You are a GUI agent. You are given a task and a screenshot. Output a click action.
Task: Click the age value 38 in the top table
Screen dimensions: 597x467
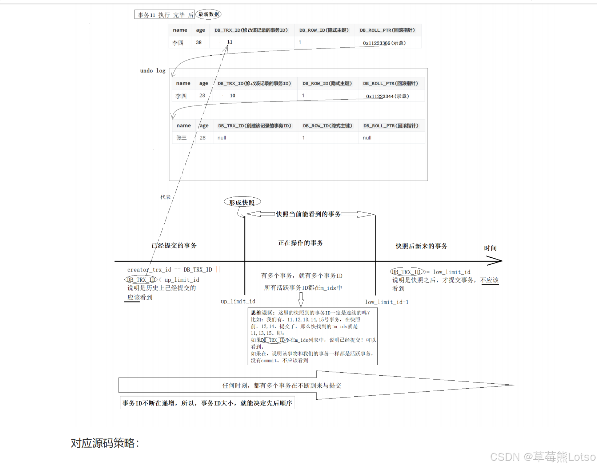[199, 42]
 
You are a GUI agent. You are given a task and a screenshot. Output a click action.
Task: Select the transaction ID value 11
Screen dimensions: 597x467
[229, 42]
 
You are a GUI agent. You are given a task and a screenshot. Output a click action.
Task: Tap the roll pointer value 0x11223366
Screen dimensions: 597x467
[384, 43]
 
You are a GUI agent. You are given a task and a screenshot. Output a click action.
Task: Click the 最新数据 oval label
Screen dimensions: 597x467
[208, 14]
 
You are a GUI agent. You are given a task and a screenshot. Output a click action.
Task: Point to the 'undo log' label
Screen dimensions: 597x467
[153, 71]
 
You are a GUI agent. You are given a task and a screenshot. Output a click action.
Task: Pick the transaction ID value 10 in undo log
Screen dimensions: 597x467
[232, 95]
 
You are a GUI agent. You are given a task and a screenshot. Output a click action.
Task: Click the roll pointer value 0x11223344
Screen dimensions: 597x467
[387, 96]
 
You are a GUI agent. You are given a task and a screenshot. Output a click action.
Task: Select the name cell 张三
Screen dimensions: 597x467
[181, 138]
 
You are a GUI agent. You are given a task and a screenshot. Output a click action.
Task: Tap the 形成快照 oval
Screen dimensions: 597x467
[242, 202]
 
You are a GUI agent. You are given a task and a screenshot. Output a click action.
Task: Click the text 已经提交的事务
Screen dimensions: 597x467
[174, 246]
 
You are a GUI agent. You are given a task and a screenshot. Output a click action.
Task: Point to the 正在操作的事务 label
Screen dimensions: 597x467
[300, 243]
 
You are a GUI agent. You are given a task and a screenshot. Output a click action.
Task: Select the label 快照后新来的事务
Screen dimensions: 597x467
[421, 246]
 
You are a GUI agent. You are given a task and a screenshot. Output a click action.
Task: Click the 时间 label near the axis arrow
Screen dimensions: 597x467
[490, 248]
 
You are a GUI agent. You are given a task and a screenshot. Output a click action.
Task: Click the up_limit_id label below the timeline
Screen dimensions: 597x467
[238, 301]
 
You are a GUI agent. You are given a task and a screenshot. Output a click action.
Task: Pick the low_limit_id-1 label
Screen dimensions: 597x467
[386, 302]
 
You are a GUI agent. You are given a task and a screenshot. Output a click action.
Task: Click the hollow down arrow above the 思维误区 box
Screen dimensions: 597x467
[301, 300]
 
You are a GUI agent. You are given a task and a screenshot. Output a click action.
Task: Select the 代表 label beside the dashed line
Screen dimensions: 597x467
[165, 197]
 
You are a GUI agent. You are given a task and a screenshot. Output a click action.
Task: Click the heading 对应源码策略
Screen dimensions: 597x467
[105, 443]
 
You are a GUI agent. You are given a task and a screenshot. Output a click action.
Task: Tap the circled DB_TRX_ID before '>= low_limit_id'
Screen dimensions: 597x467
[406, 272]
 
